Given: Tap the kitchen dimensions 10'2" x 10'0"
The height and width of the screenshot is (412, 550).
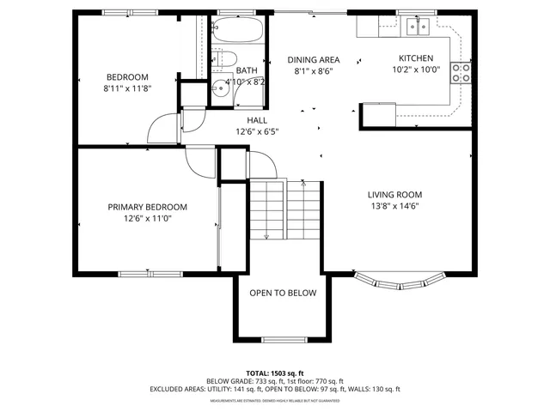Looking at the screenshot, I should point(415,70).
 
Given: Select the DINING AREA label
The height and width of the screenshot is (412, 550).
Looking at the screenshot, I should point(313,59).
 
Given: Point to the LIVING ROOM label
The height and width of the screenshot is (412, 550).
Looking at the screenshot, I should point(394,195).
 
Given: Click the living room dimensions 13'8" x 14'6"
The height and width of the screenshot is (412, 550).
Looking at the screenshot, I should point(394,207).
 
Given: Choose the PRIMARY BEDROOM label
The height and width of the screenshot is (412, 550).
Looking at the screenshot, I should point(147,207).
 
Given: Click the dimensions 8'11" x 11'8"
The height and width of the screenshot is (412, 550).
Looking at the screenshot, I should point(126,88).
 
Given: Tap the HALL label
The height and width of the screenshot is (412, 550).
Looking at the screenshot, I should point(257,120).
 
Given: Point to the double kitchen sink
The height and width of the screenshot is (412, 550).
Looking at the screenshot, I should point(418,27).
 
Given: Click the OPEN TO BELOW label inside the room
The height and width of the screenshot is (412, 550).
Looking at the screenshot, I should point(283,294).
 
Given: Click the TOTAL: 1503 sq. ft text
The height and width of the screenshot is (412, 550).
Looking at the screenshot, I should point(275,373).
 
